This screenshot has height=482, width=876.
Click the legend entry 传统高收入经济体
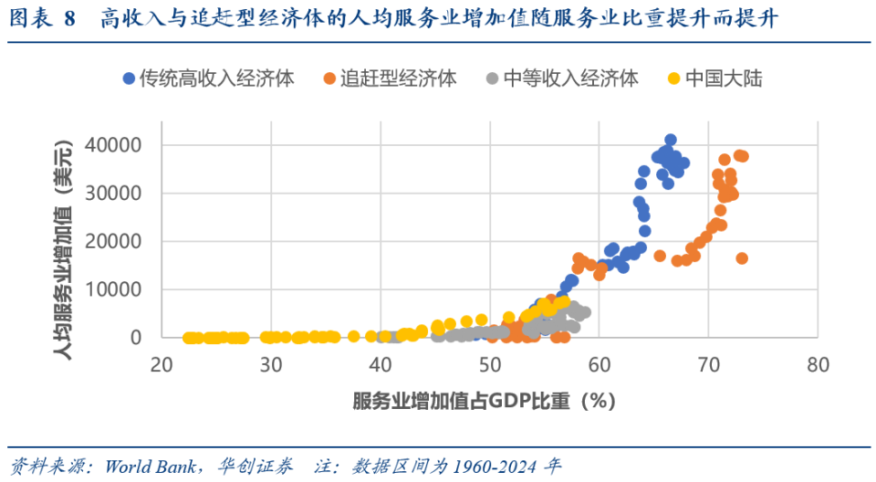point(215,79)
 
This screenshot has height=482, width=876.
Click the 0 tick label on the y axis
point(137,338)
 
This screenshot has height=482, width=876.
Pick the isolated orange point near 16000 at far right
point(742,258)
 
